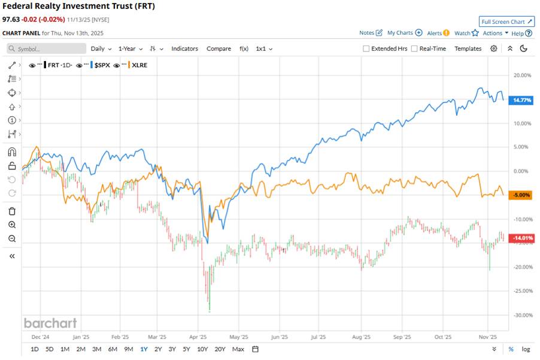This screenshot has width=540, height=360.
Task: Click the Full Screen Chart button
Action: point(506,22)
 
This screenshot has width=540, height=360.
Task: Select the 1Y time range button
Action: point(144,349)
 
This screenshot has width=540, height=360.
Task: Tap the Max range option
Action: point(238,349)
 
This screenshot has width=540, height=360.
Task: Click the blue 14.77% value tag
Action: point(519,101)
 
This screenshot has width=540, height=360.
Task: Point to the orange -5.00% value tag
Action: point(519,195)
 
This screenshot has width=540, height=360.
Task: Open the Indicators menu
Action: point(184,49)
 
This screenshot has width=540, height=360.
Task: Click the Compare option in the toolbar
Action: point(219,49)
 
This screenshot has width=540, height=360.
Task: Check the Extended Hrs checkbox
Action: point(366,49)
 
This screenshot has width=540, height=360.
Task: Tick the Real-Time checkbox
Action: point(414,49)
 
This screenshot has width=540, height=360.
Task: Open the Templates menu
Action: point(468,49)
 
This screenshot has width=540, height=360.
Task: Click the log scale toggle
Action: point(526,349)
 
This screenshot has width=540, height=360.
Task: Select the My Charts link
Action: point(400,33)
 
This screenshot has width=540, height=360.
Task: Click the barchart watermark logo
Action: point(50,323)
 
